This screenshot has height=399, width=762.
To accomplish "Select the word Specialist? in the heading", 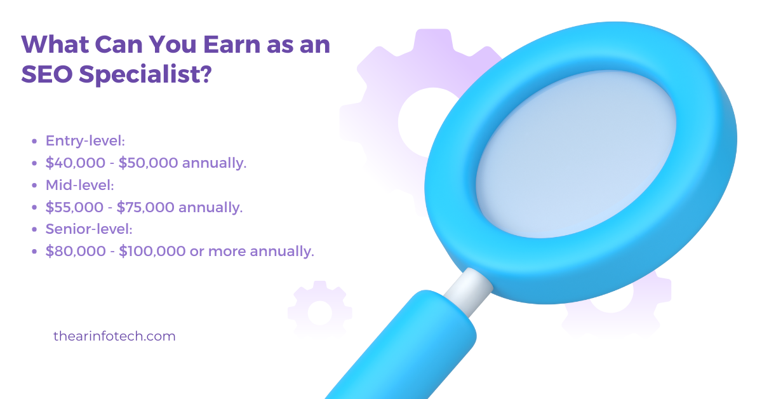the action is tap(145, 75).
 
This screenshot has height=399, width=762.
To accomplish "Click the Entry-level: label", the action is tap(85, 141).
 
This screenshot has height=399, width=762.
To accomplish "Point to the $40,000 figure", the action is tap(76, 163).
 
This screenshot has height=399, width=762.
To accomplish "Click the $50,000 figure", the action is tap(149, 163).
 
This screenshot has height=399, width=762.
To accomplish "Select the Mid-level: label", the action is tap(80, 185).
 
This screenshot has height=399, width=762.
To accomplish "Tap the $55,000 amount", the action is tap(74, 207).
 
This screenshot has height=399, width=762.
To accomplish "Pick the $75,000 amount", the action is tap(145, 207).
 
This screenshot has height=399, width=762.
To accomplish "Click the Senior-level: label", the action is tap(89, 229).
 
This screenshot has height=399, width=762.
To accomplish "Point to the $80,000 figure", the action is tap(76, 251).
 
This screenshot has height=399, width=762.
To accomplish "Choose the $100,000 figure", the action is tap(152, 251).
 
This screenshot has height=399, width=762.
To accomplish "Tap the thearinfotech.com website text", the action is tap(115, 336).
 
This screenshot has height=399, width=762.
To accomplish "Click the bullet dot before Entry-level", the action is tap(34, 141).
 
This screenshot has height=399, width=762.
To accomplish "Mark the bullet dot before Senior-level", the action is tap(34, 229).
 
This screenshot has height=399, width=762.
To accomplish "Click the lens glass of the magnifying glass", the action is tap(575, 154).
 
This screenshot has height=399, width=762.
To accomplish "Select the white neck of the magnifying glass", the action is tap(469, 292).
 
